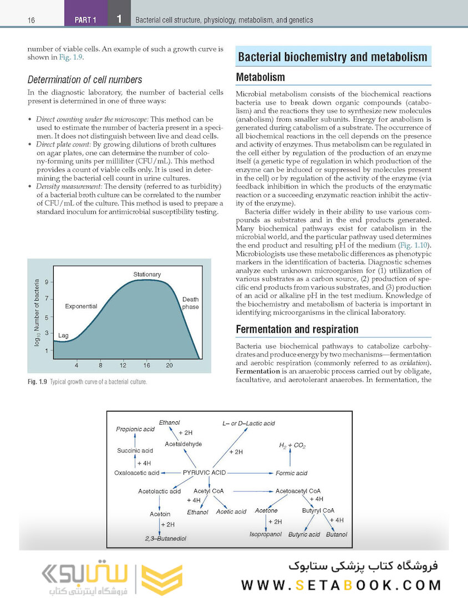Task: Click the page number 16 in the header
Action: coord(31,20)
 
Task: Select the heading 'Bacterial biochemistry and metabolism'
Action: coord(333,57)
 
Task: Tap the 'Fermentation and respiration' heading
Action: coord(297,329)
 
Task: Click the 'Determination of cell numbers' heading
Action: coord(85,80)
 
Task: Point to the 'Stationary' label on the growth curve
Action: coord(147,275)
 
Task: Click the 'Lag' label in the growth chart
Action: coord(63,336)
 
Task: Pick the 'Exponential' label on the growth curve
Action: coord(81,306)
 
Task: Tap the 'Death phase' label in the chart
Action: coord(190,303)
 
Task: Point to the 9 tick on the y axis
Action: coord(47,282)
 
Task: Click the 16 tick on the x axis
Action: coord(146,365)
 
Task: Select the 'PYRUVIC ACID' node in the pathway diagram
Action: coord(204,473)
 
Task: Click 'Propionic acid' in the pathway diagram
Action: coord(135,429)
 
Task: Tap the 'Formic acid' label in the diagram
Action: coord(292,473)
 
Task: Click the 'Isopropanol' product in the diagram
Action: coord(266,534)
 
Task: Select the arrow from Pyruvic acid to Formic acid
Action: coord(250,473)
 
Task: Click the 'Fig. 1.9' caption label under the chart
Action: coord(37,382)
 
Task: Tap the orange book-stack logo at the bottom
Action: coord(161,578)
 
